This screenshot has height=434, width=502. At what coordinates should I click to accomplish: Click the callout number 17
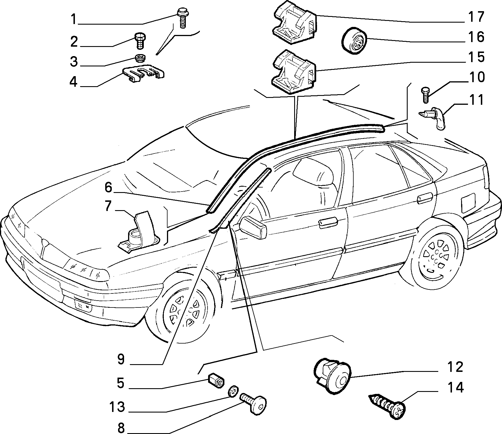click(476, 17)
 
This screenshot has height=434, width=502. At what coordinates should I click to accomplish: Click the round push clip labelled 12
click(332, 375)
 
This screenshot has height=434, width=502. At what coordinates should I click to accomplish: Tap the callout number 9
click(121, 359)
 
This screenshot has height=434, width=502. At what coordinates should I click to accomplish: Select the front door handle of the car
click(328, 223)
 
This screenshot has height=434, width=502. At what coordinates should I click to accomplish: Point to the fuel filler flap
click(468, 202)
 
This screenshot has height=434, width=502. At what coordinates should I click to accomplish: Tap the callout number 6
click(108, 188)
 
